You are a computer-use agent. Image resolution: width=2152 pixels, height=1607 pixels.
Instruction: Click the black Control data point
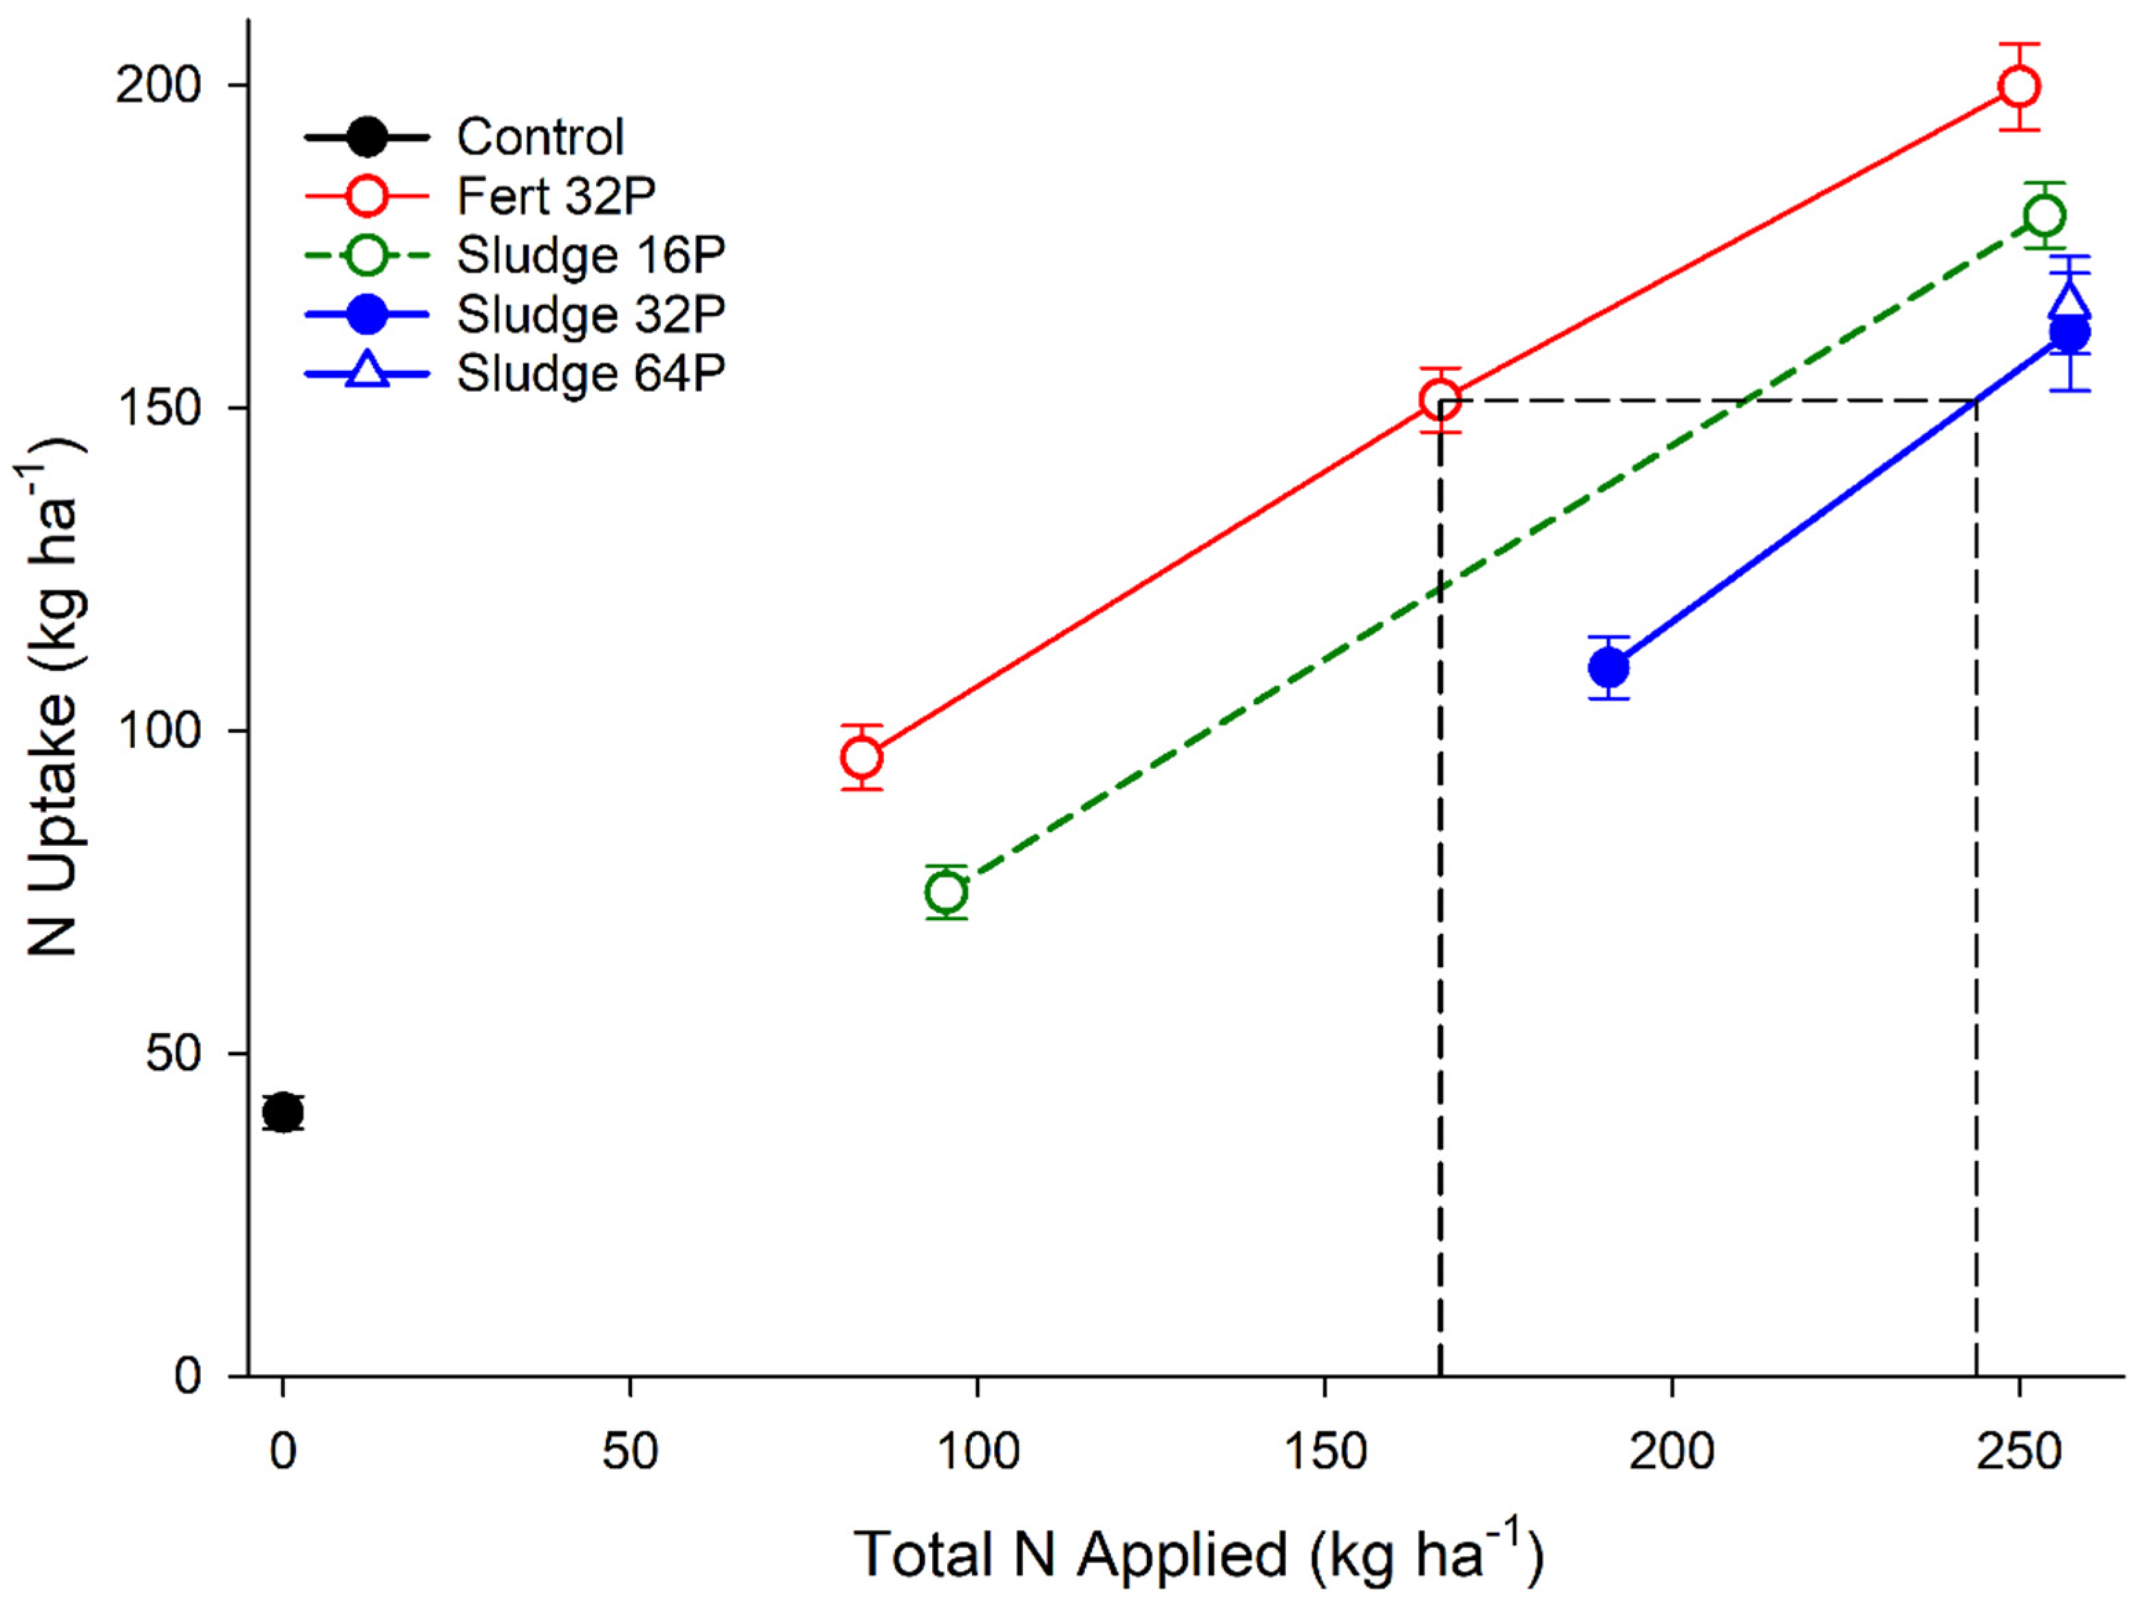(282, 1112)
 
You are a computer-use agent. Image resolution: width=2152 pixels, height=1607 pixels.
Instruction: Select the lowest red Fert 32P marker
(861, 758)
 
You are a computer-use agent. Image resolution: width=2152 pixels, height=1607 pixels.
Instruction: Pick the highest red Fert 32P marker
(2018, 87)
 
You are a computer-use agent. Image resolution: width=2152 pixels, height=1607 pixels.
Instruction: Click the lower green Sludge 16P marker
(947, 892)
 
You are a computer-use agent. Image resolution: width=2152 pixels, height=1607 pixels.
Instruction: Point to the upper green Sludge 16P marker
(2044, 215)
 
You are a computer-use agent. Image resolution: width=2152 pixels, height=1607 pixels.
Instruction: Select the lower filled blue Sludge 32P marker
(1609, 668)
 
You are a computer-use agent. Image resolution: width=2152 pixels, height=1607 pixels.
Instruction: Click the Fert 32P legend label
(556, 197)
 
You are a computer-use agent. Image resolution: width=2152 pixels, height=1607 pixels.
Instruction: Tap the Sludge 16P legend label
(591, 256)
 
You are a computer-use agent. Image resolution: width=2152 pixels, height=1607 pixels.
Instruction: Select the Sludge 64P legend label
(591, 374)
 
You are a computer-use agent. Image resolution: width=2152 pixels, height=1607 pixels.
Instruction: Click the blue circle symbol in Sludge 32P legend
(367, 315)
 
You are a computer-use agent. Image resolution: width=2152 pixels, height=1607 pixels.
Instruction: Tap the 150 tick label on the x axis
(1324, 1452)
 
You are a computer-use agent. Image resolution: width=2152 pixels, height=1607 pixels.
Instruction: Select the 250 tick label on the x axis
(2018, 1452)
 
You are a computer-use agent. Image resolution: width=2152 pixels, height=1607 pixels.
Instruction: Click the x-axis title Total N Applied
(1196, 1555)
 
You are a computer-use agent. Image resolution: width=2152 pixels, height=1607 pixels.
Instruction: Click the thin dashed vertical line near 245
(1976, 875)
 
